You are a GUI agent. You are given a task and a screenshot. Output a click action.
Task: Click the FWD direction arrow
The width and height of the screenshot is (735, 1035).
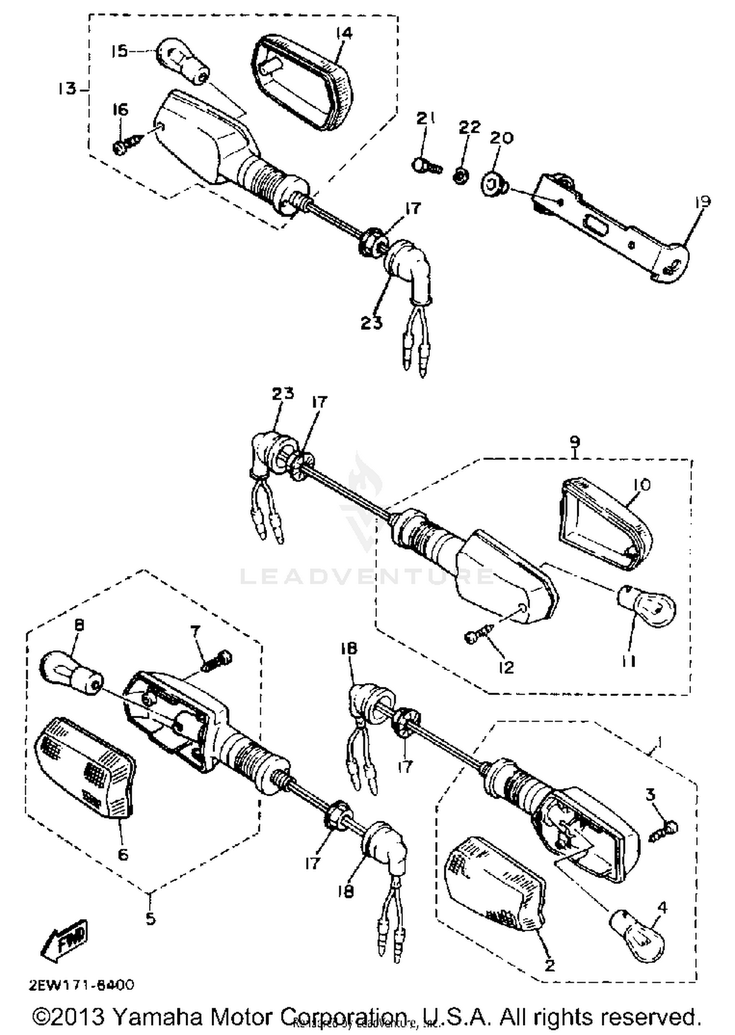click(65, 940)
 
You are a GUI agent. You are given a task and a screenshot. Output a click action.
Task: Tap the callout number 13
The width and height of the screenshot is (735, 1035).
click(68, 89)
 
